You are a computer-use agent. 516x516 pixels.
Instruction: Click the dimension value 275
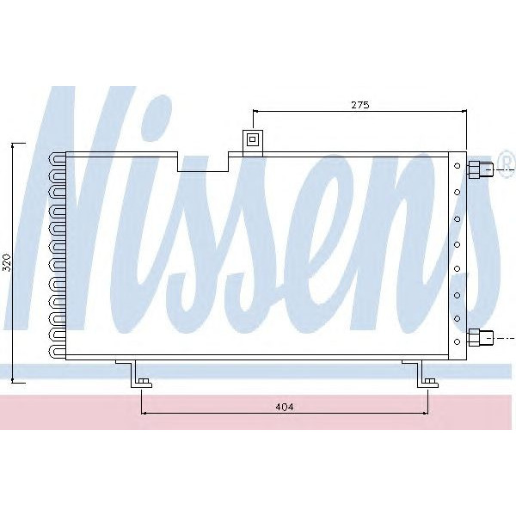point(359,104)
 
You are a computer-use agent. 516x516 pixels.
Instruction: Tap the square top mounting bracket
point(253,140)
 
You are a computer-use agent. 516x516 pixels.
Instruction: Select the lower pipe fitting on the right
point(478,338)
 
